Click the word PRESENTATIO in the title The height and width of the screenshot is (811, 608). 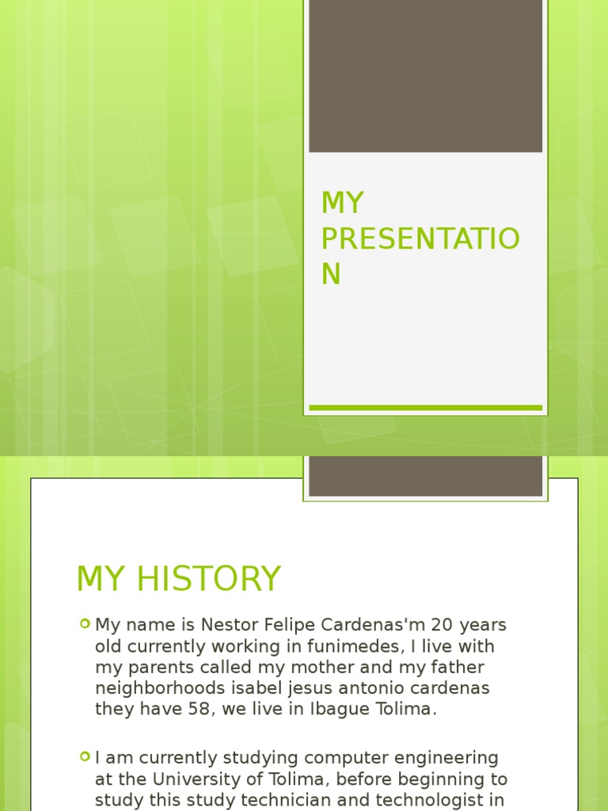(420, 238)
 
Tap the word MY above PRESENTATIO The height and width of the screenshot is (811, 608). (342, 204)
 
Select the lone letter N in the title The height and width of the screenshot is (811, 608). (331, 273)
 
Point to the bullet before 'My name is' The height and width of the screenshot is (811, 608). (85, 624)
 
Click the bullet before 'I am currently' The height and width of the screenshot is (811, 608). (85, 757)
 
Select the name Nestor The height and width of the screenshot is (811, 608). (228, 625)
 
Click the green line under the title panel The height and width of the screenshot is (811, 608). (425, 408)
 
